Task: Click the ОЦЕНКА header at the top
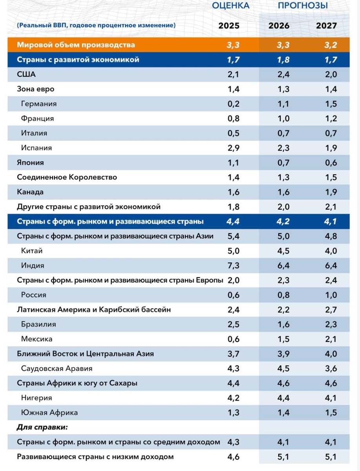click(231, 5)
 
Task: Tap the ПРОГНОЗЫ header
click(303, 5)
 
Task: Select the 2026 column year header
click(279, 26)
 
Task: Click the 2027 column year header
click(326, 26)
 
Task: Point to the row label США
click(27, 74)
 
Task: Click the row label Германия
click(39, 104)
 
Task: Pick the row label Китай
click(32, 251)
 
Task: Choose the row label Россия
click(34, 295)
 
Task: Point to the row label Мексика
click(37, 339)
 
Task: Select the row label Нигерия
click(36, 398)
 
